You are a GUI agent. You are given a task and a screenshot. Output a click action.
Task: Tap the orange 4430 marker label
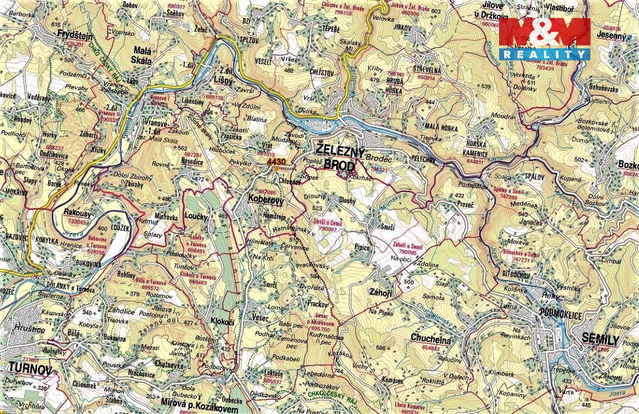click(x=276, y=162)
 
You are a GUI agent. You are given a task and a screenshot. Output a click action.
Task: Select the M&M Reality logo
click(x=544, y=39)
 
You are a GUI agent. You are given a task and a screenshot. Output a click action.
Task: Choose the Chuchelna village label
click(x=430, y=339)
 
